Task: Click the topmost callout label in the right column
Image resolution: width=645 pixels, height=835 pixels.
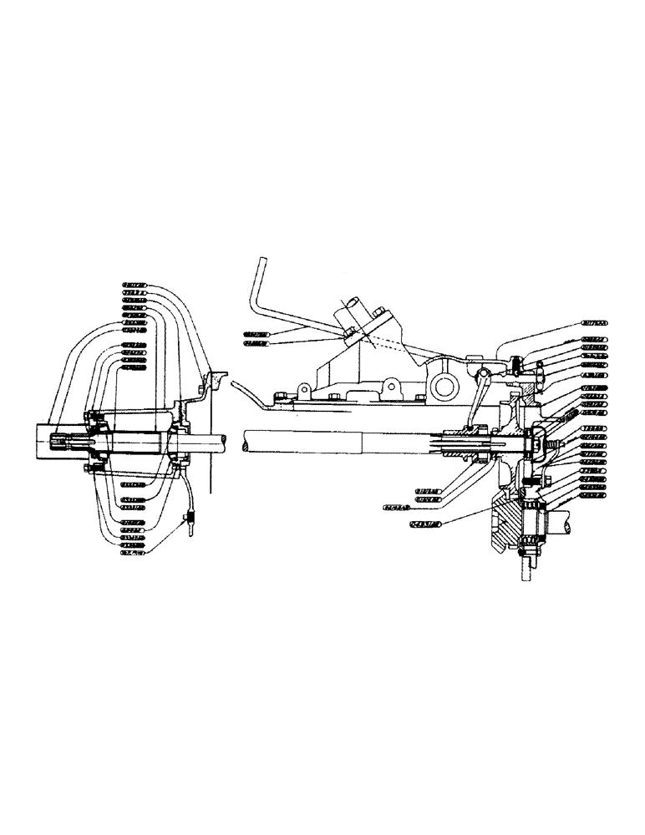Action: (595, 321)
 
